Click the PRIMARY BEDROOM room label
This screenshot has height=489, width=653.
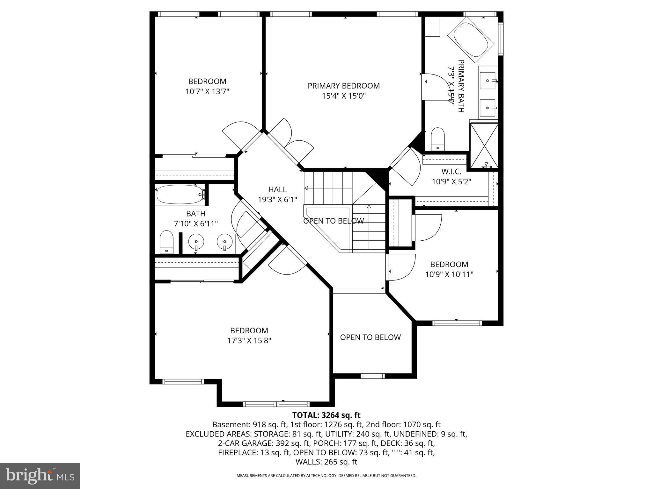(343, 86)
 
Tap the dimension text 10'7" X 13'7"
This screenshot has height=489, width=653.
(207, 92)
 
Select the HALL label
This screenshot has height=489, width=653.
(277, 189)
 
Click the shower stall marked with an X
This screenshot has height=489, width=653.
(484, 145)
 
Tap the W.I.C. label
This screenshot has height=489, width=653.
(451, 172)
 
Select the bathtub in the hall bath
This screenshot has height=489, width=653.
(180, 195)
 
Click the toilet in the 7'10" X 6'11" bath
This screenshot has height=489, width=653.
(166, 242)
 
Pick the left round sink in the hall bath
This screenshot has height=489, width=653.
(195, 243)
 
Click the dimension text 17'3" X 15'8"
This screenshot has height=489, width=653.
(249, 341)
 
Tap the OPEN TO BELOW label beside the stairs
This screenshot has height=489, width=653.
(333, 221)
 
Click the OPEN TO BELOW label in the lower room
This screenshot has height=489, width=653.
(370, 337)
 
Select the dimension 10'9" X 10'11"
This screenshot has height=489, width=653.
(449, 274)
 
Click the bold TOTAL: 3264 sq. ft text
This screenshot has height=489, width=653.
(326, 415)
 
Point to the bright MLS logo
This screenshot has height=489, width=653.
(40, 476)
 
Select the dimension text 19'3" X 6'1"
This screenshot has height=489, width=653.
(277, 200)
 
